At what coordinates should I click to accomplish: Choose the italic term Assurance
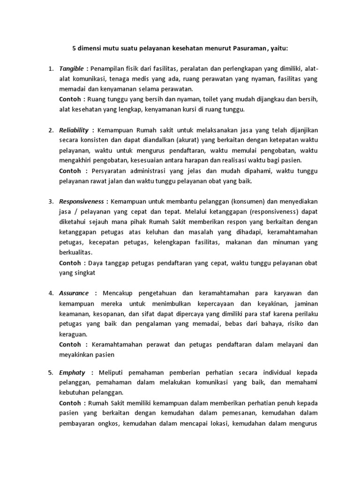coord(74,293)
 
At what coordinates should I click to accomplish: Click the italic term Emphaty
coord(72,373)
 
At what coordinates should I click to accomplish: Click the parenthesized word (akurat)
coord(187,140)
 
